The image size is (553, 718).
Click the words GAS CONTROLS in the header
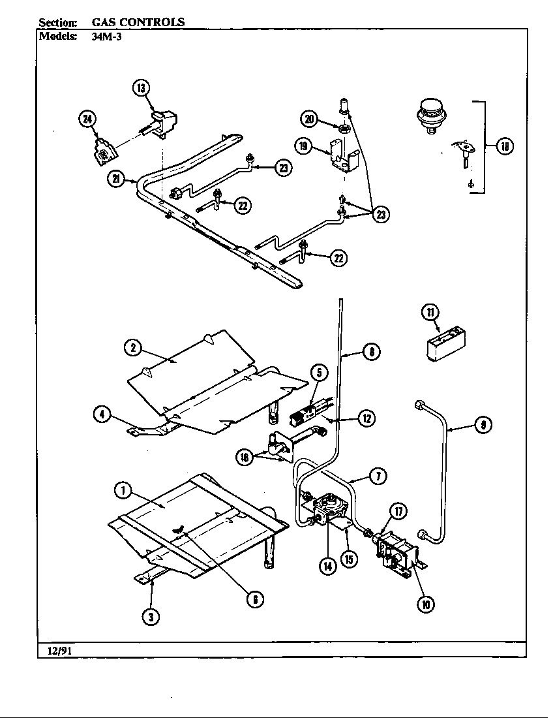point(138,22)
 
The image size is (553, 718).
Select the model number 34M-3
point(106,37)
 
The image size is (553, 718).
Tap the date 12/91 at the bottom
point(59,650)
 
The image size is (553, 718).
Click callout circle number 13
point(142,87)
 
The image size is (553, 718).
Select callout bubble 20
point(309,118)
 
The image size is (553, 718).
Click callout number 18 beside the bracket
point(504,146)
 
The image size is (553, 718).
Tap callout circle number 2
point(133,348)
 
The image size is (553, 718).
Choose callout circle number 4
point(102,413)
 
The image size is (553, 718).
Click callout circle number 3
point(151,616)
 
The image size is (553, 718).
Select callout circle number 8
point(370,352)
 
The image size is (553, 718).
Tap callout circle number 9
point(482,426)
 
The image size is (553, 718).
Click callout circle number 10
point(425,604)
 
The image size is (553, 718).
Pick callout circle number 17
point(398,511)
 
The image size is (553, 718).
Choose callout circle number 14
point(327,566)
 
